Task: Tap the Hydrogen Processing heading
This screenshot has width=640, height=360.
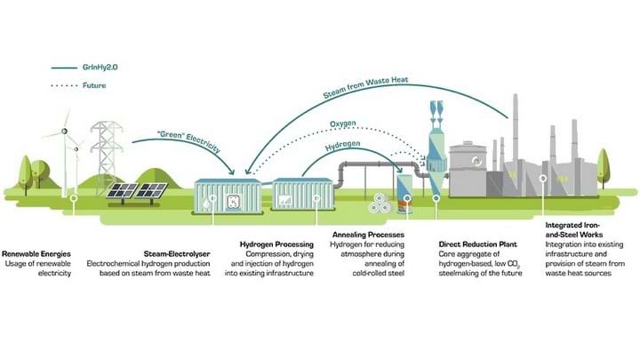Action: pos(276,243)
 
